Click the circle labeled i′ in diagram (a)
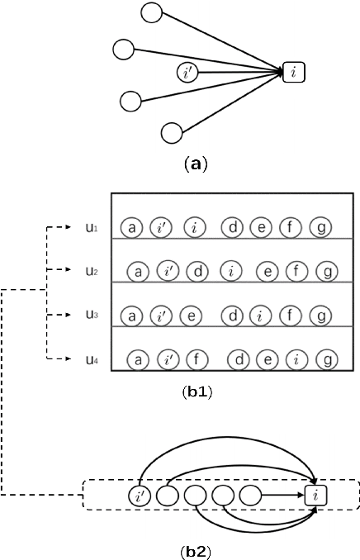188,73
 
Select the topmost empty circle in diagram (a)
152,12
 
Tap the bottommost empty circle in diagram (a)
172,131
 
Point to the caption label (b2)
197,548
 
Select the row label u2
91,270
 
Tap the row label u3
91,315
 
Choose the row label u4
91,359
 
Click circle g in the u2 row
327,270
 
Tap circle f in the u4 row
196,359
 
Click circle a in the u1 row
130,225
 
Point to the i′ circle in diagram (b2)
140,496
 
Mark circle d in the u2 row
197,270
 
